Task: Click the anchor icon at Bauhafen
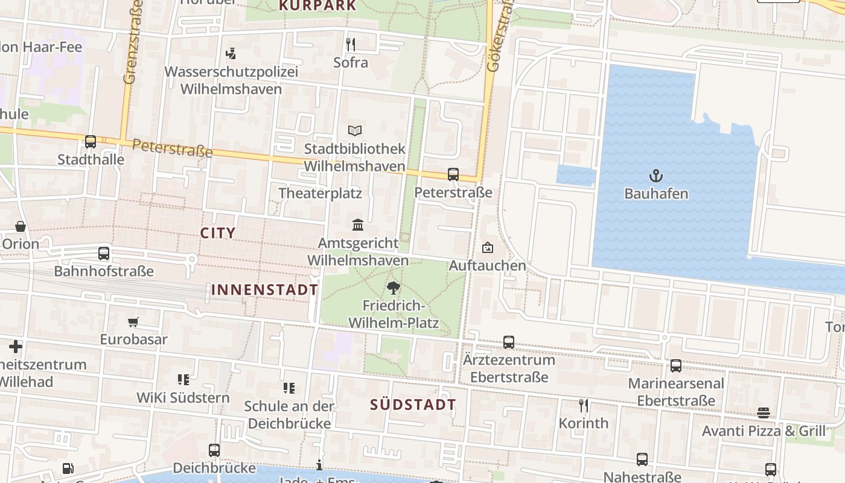[655, 176]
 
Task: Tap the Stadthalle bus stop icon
[91, 142]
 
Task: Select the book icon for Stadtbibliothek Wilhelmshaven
[355, 130]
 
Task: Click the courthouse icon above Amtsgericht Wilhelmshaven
[358, 225]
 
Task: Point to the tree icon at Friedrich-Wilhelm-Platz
[394, 288]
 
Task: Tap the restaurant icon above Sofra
[350, 44]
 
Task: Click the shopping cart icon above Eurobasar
[133, 322]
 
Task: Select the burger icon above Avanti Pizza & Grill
[764, 413]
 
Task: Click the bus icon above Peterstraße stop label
[453, 174]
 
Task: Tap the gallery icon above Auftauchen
[487, 248]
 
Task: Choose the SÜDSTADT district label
[413, 405]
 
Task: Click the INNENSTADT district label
[265, 290]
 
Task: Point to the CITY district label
[218, 233]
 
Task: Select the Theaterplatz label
[320, 193]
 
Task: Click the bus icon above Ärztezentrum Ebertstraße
[509, 342]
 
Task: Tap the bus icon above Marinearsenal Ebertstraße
[676, 365]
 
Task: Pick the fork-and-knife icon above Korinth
[583, 405]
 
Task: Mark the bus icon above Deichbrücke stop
[214, 450]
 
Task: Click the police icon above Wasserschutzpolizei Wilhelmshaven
[231, 54]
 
